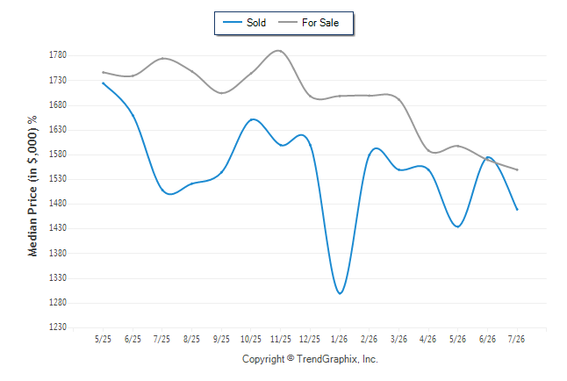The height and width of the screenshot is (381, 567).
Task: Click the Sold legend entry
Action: click(x=245, y=23)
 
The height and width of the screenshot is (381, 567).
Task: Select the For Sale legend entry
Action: click(x=308, y=23)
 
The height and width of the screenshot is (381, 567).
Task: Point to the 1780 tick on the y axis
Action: click(x=58, y=55)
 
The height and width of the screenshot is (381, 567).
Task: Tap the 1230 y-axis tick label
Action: click(x=58, y=327)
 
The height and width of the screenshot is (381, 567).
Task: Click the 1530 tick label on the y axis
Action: click(x=58, y=179)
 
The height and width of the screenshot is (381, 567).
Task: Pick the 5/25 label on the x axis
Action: click(x=103, y=339)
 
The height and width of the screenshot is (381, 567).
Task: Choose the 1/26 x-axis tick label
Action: click(x=339, y=339)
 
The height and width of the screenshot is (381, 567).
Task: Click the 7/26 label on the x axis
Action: click(x=516, y=339)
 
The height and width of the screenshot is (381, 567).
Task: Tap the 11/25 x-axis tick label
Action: click(x=280, y=339)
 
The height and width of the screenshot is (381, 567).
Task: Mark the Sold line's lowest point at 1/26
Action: click(x=340, y=293)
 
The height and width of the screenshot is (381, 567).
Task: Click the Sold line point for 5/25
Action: click(x=103, y=83)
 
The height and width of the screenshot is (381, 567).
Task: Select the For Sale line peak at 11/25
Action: click(x=279, y=51)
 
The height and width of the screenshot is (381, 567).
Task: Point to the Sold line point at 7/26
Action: click(x=517, y=209)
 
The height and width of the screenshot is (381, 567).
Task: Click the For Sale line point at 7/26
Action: click(x=517, y=169)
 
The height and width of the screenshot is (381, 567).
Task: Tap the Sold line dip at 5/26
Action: click(x=458, y=226)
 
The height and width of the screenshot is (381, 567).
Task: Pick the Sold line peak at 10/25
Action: click(x=253, y=119)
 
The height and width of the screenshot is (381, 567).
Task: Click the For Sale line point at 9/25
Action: click(x=222, y=93)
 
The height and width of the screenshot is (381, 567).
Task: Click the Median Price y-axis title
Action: click(x=32, y=186)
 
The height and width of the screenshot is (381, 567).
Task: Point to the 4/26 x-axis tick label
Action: click(x=427, y=339)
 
